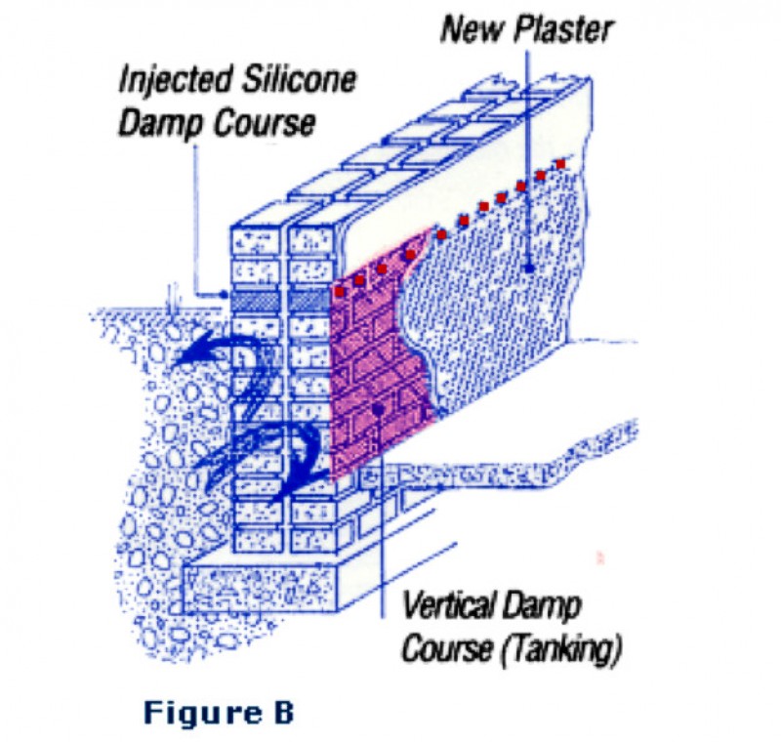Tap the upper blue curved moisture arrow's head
[179, 358]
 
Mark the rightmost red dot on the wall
[561, 165]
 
